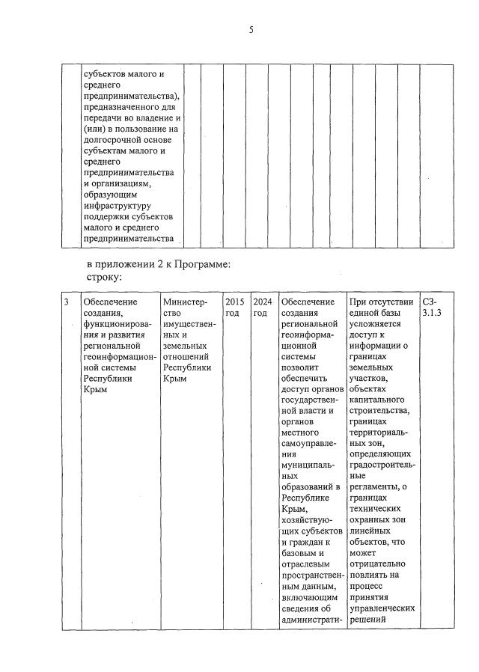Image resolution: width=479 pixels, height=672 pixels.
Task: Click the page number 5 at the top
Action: point(251,30)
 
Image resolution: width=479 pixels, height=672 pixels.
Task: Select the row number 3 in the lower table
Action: point(66,302)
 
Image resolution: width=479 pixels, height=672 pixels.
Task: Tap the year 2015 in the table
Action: point(234,302)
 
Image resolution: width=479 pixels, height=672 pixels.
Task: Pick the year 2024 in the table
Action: point(261,302)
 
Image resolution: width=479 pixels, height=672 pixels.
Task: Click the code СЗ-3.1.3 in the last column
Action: point(432,307)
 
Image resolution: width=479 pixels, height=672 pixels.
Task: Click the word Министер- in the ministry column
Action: point(183,302)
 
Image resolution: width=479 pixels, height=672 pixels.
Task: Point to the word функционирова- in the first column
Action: point(116,324)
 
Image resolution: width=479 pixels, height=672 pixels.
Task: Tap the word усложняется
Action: point(375,324)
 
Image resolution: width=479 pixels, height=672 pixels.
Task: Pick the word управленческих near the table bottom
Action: point(382,608)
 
